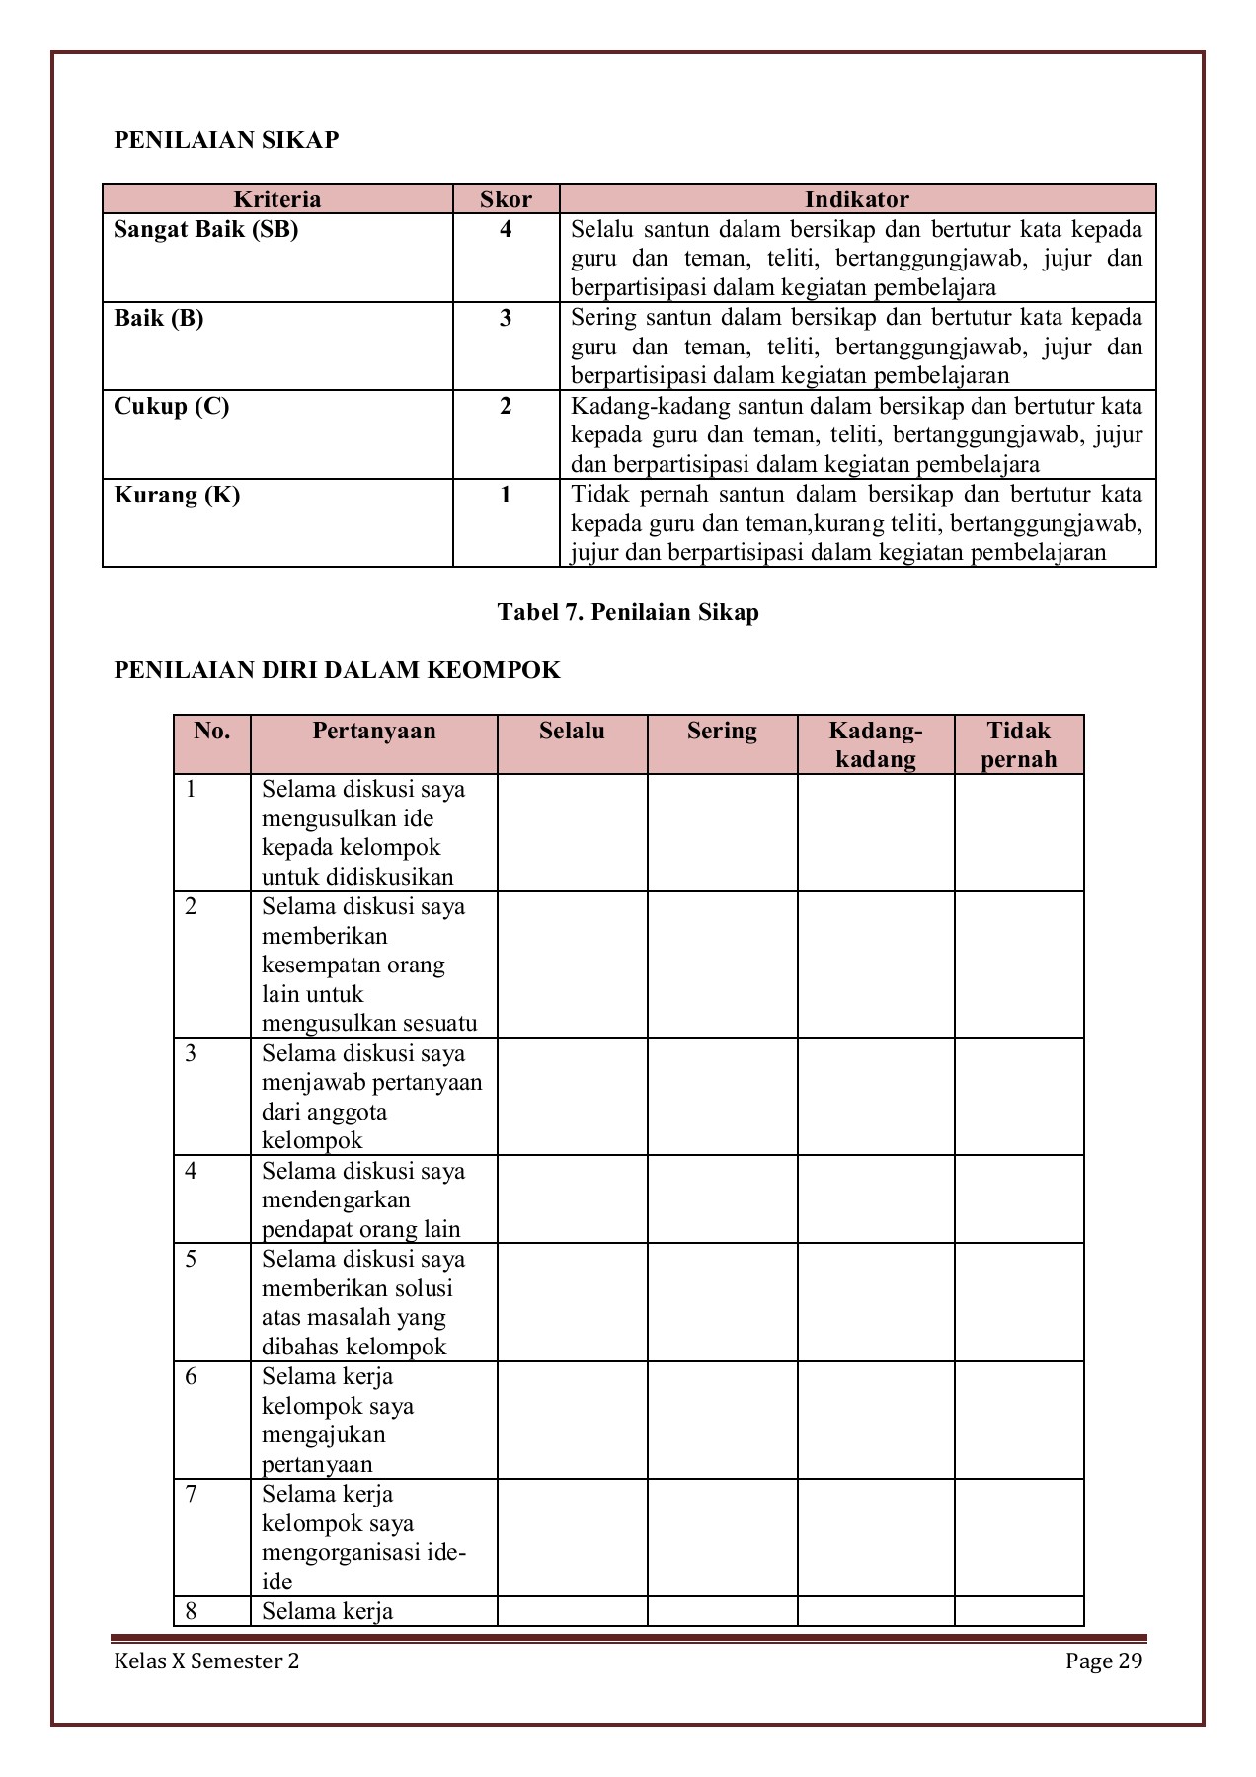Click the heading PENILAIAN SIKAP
[x=226, y=140]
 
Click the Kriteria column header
[x=277, y=199]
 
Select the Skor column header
[x=506, y=199]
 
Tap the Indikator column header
[x=856, y=199]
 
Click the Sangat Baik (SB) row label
[x=206, y=230]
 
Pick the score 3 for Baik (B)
[x=506, y=319]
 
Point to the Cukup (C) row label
[x=172, y=407]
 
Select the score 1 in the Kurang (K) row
[x=506, y=495]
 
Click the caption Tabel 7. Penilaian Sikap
[x=628, y=612]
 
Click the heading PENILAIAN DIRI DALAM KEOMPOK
[x=337, y=671]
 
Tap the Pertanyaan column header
[x=373, y=732]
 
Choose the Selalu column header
[x=572, y=732]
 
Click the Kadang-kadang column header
[x=875, y=744]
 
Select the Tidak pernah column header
[x=1018, y=744]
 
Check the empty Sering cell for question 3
[x=722, y=1096]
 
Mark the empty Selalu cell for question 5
[x=572, y=1302]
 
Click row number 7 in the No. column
[x=192, y=1495]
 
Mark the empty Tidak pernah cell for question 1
[x=1018, y=832]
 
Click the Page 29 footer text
[x=1103, y=1661]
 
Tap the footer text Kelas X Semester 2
[x=206, y=1661]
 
